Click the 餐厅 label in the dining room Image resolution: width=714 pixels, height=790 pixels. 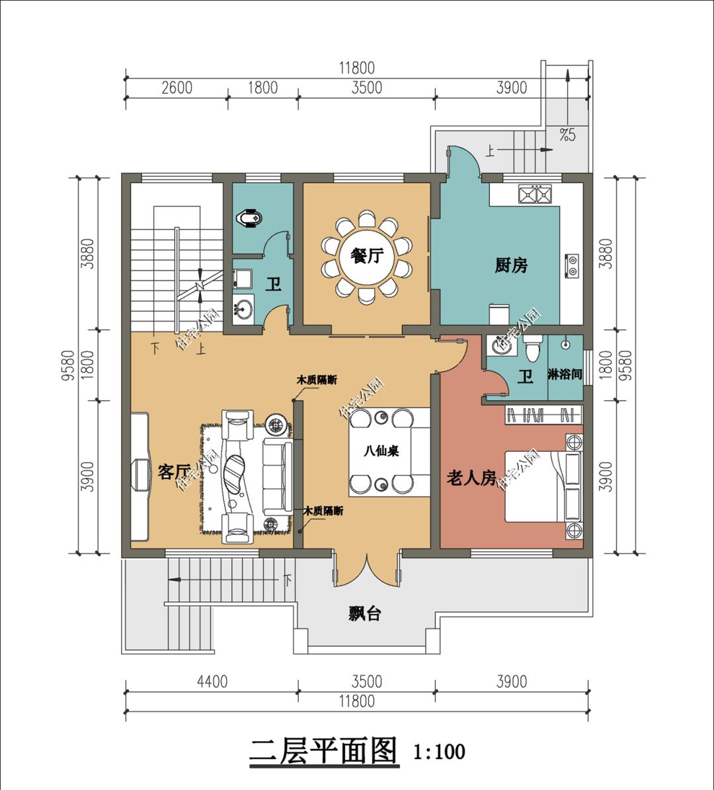click(366, 255)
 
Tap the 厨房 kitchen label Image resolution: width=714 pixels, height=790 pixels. click(511, 266)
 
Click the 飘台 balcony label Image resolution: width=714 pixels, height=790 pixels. click(364, 614)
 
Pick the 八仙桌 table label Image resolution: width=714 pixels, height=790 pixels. click(381, 452)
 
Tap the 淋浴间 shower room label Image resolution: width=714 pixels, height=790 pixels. click(565, 375)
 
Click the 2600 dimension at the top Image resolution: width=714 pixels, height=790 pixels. click(176, 88)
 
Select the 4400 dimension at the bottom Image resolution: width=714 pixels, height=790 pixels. click(212, 681)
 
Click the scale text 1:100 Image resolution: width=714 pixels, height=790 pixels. click(439, 752)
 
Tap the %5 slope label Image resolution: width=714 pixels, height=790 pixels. click(567, 136)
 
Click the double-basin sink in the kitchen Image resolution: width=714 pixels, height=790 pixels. click(536, 195)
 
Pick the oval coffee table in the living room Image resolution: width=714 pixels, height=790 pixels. click(234, 471)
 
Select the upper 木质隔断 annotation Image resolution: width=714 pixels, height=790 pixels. click(316, 380)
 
